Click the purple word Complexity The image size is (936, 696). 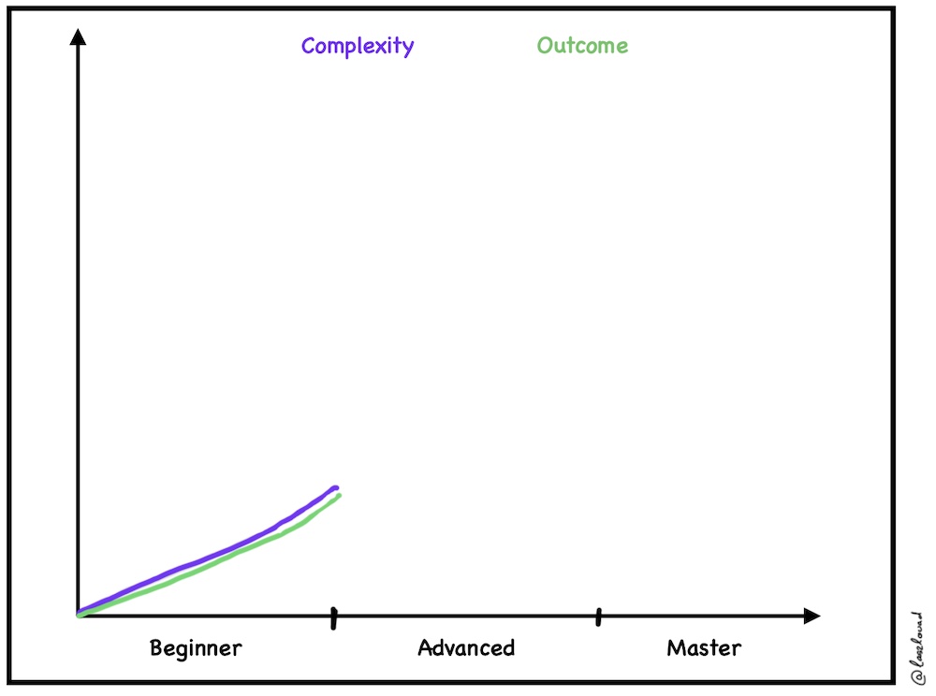(x=358, y=47)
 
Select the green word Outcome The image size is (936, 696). (x=582, y=46)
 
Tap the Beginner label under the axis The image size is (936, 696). (x=196, y=648)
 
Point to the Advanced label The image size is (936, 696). (x=466, y=648)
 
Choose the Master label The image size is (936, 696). (x=704, y=647)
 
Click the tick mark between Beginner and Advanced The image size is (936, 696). (x=333, y=616)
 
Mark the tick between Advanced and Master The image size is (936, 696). (x=598, y=616)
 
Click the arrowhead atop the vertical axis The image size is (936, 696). (x=79, y=38)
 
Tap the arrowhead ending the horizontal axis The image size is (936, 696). (x=812, y=616)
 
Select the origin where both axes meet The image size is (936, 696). (x=79, y=615)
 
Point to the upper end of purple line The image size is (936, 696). (x=335, y=487)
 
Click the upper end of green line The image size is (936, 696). (x=338, y=495)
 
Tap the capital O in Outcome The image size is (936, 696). (x=545, y=46)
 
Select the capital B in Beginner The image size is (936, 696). (x=156, y=648)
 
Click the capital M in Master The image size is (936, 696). (x=675, y=647)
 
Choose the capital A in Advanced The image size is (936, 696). (x=425, y=648)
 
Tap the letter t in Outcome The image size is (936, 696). (x=570, y=46)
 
